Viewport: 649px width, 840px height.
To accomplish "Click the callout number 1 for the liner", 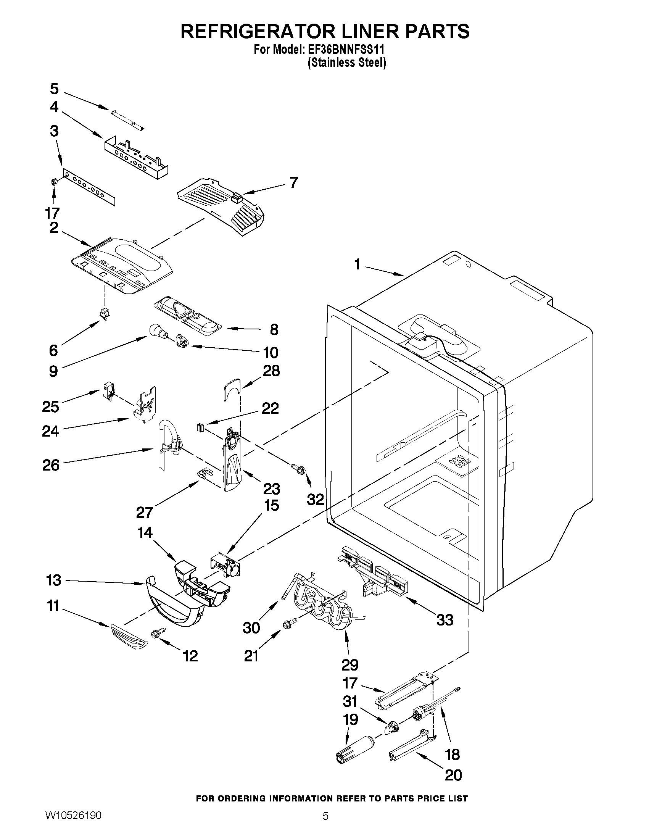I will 358,264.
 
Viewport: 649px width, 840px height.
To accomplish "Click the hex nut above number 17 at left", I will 54,182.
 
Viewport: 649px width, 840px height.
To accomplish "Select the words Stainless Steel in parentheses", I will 347,63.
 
